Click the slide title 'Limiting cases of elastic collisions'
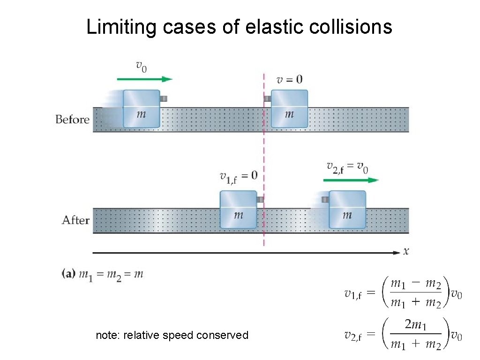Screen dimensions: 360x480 click(239, 27)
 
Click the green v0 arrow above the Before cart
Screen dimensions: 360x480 click(144, 79)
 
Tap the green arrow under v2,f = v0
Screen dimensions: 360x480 click(351, 180)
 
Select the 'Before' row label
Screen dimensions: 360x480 click(72, 120)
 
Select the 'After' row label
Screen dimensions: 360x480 click(75, 220)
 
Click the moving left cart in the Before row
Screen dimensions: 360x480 click(141, 109)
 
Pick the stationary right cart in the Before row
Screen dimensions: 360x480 click(289, 109)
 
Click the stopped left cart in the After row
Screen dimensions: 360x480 click(238, 210)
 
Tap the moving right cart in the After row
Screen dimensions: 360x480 click(347, 210)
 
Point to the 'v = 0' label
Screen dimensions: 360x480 click(289, 80)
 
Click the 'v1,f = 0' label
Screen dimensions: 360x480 click(238, 176)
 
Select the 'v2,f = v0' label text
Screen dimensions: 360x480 click(347, 167)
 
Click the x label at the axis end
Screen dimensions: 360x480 click(406, 252)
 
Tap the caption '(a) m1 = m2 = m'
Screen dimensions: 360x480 click(103, 274)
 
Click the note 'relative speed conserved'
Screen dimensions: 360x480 click(172, 335)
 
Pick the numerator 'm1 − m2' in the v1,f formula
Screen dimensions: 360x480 click(415, 284)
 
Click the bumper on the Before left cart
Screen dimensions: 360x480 click(163, 98)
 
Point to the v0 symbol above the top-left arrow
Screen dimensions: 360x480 click(141, 66)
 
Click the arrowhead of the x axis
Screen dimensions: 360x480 click(397, 253)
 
